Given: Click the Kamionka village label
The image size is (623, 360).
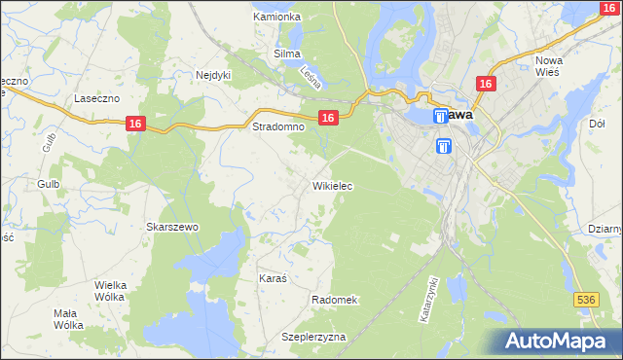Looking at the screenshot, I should click(x=276, y=18).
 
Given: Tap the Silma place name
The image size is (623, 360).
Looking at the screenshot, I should click(x=287, y=54).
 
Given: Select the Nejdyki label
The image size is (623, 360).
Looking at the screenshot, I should click(x=212, y=74).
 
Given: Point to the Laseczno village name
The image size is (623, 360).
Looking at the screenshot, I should click(x=96, y=98).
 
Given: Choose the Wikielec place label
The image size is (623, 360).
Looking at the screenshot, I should click(x=332, y=185).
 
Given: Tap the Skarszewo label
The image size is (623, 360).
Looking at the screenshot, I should click(x=172, y=227).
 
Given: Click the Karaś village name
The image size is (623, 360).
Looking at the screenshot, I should click(x=273, y=278).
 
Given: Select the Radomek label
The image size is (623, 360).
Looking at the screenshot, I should click(x=335, y=300).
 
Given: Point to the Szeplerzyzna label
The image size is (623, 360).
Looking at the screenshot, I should click(x=313, y=337).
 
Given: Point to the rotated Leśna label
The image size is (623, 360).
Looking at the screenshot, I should click(x=311, y=79).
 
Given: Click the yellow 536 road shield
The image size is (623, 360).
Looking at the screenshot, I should click(x=585, y=302).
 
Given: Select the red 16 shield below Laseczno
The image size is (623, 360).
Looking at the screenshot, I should click(x=135, y=123).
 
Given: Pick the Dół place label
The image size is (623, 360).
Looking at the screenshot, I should click(x=598, y=125).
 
